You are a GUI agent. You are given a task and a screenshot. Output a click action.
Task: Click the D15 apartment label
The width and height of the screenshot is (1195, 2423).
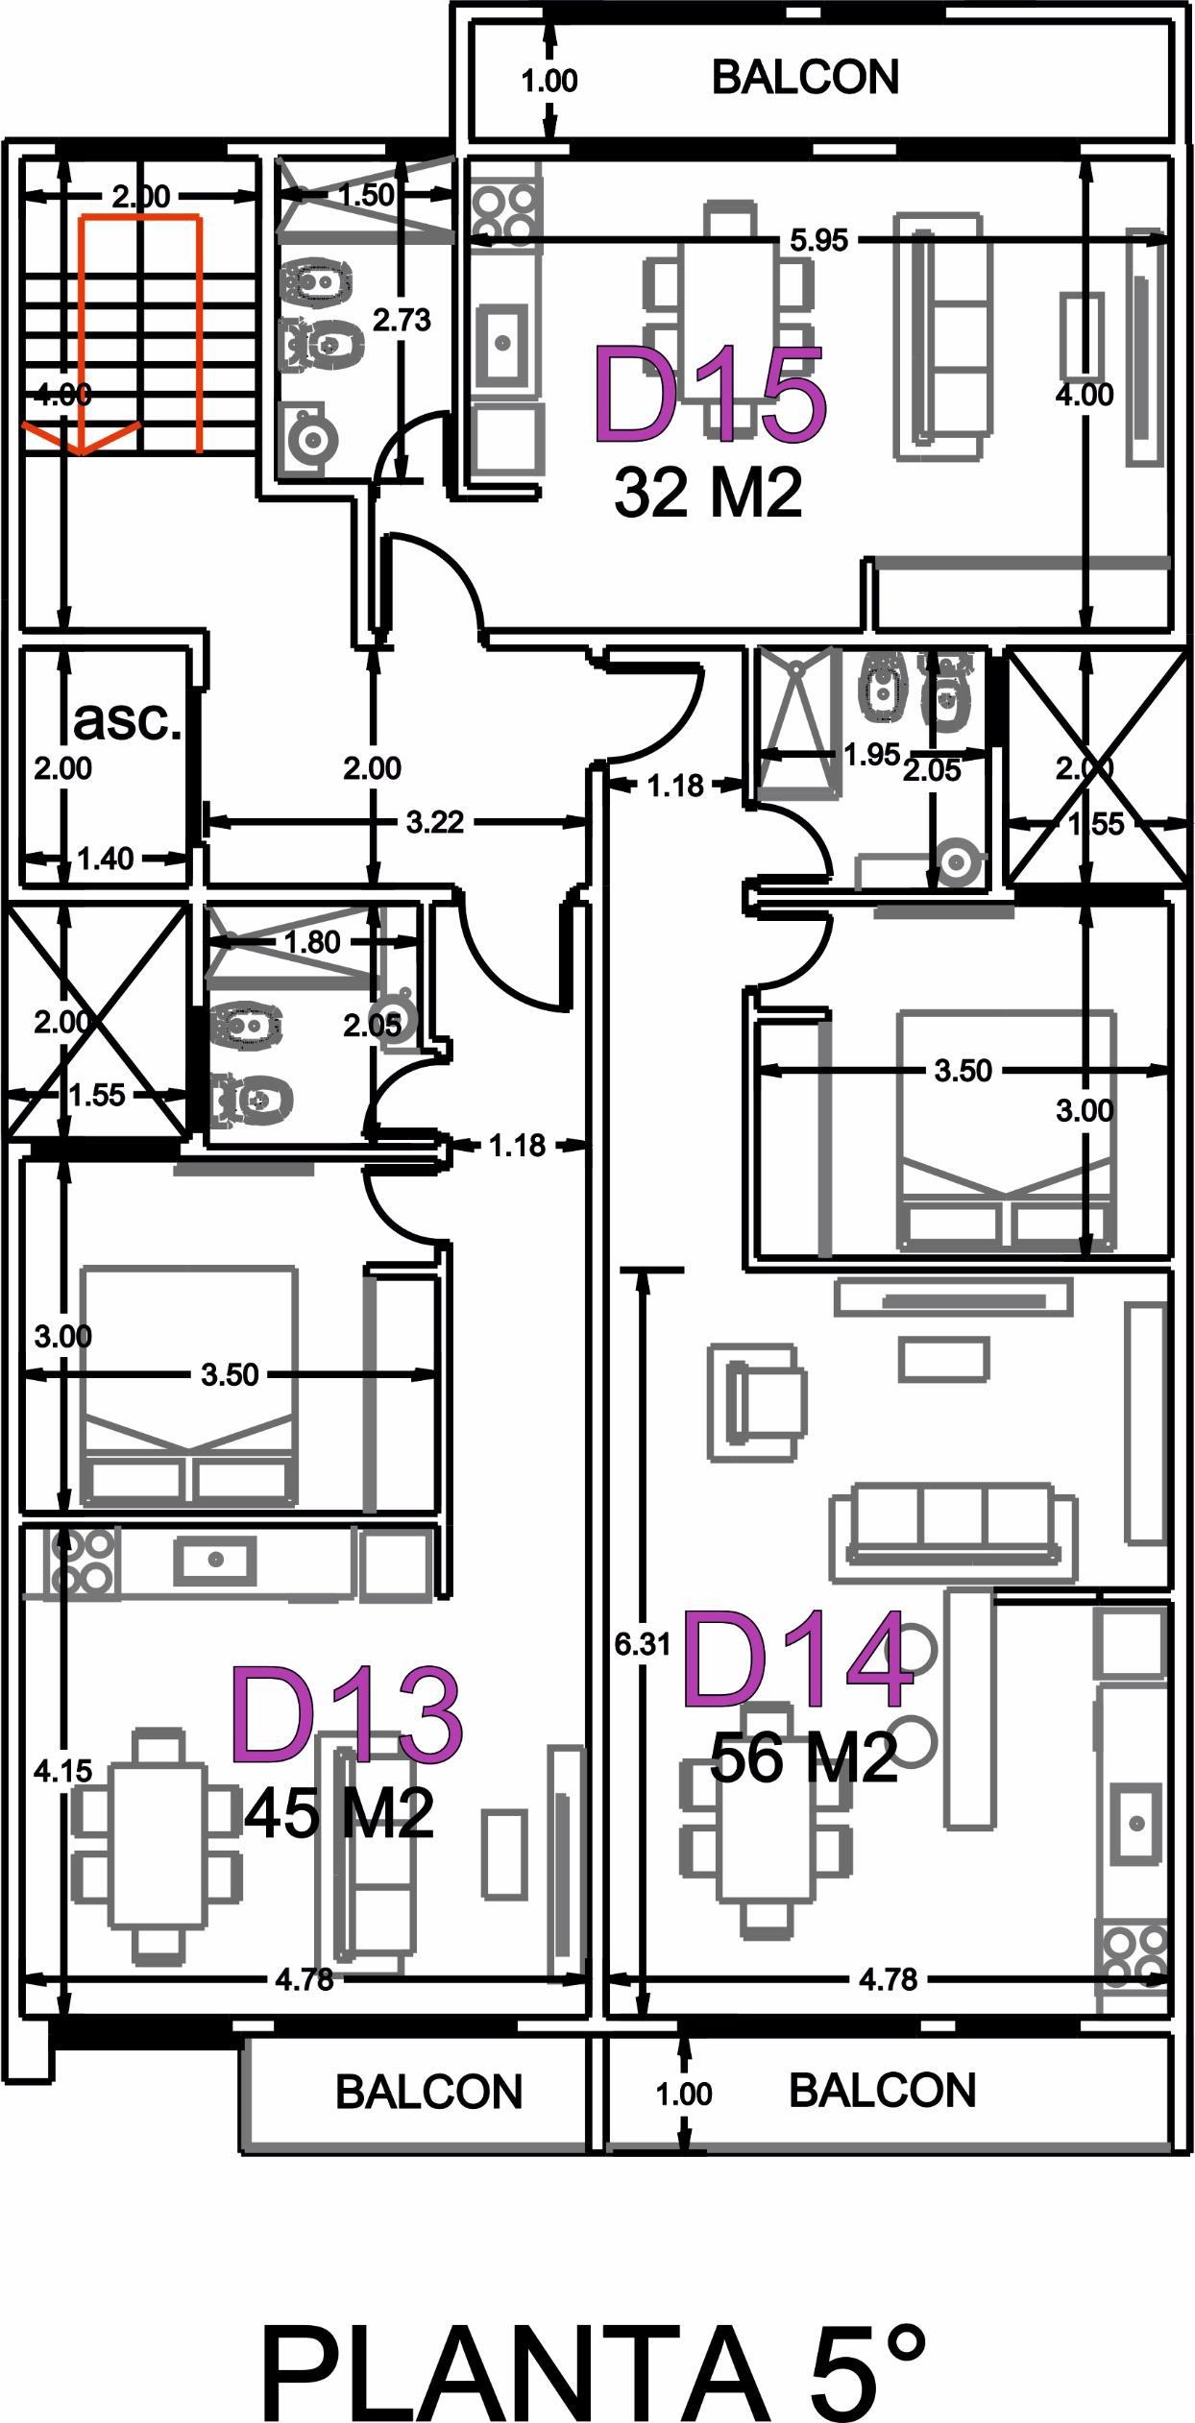click(710, 396)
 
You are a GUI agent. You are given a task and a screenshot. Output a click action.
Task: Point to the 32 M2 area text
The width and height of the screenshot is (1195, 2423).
click(708, 493)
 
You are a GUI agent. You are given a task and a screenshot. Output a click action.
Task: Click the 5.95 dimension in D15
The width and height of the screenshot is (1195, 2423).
click(818, 240)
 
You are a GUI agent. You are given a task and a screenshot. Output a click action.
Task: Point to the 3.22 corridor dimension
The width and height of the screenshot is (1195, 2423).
click(435, 822)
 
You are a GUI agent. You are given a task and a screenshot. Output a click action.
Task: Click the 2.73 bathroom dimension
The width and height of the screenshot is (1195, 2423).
click(402, 320)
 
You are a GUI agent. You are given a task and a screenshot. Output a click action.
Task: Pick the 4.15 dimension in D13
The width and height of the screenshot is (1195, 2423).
click(63, 1769)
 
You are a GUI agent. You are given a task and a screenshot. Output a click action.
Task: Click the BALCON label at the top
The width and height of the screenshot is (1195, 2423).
click(805, 78)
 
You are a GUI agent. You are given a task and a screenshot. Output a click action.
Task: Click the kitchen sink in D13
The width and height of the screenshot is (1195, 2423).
click(215, 1559)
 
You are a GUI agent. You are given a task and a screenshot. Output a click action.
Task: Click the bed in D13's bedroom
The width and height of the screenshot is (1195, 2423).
click(189, 1387)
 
